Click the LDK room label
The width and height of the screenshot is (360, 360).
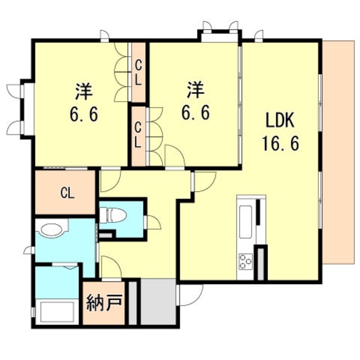280,121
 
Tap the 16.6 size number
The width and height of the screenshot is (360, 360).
280,143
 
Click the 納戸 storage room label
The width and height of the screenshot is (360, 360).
104,303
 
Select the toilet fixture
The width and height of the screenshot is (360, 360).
113,215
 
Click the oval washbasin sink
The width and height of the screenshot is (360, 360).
52,229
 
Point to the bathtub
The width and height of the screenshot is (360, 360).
57,312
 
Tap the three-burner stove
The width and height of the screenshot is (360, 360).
245,261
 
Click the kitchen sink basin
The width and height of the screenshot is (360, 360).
246,222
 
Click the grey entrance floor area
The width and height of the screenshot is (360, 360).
158,301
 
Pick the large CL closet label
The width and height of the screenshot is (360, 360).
67,193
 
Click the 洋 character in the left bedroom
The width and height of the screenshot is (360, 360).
84,92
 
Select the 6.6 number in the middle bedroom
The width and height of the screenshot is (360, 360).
196,113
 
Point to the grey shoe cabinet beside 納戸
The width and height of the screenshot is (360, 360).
133,303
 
